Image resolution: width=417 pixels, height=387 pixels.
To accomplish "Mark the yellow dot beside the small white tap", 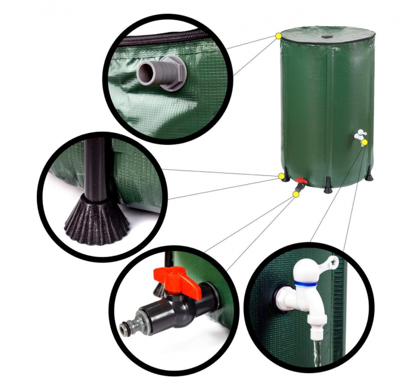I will pos(365,142).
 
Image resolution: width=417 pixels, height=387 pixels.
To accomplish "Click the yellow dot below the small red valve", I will pos(296,194).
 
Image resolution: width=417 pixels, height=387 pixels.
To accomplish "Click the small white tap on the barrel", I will pos(359,135).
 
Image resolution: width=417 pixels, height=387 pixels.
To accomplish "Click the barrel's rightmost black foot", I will pos(369,177).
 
